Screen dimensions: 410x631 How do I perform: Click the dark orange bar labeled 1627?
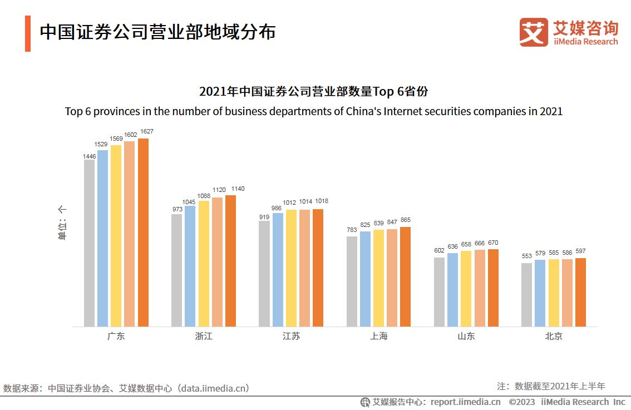pyautogui.click(x=143, y=233)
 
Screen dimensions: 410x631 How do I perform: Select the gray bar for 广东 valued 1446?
pyautogui.click(x=89, y=243)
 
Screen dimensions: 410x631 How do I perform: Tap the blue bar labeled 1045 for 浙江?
pyautogui.click(x=190, y=266)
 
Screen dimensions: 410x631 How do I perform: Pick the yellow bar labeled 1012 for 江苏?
pyautogui.click(x=291, y=268)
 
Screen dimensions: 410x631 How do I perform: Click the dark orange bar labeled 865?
pyautogui.click(x=405, y=276)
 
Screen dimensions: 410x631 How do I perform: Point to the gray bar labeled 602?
pyautogui.click(x=439, y=292)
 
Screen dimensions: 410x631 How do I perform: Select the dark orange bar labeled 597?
pyautogui.click(x=580, y=292)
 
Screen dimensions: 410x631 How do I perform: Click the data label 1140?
pyautogui.click(x=238, y=189)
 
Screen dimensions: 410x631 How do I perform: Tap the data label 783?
pyautogui.click(x=352, y=230)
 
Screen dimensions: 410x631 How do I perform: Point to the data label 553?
pyautogui.click(x=527, y=256)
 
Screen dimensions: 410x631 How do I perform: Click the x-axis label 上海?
pyautogui.click(x=378, y=337)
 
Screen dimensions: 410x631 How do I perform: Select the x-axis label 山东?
pyautogui.click(x=466, y=337)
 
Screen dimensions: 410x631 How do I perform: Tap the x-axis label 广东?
pyautogui.click(x=116, y=337)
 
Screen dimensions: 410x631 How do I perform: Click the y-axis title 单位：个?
pyautogui.click(x=62, y=223)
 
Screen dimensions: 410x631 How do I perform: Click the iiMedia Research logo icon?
pyautogui.click(x=534, y=32)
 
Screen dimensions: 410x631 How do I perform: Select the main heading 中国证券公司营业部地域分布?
pyautogui.click(x=157, y=32)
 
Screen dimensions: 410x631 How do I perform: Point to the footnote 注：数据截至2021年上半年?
pyautogui.click(x=551, y=386)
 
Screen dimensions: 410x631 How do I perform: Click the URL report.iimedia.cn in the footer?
pyautogui.click(x=465, y=402)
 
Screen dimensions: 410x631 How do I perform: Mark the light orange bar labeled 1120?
pyautogui.click(x=217, y=261)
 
